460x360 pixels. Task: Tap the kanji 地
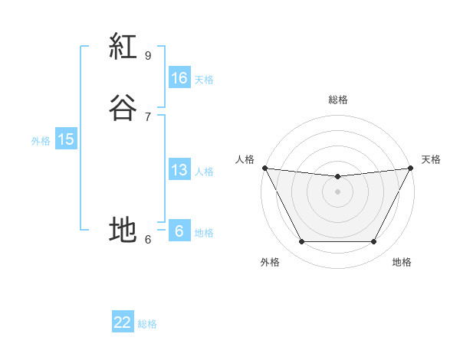(x=123, y=229)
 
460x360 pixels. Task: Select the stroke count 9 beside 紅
(x=148, y=56)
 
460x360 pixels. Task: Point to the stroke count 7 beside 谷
(x=148, y=117)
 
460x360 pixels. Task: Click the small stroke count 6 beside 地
(x=148, y=239)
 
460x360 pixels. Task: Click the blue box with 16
(x=179, y=77)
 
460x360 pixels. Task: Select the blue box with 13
(x=179, y=170)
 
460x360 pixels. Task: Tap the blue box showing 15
(x=65, y=139)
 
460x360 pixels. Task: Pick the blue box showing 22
(x=122, y=322)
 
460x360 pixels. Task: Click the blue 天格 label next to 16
(x=204, y=80)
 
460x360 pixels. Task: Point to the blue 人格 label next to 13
(x=204, y=172)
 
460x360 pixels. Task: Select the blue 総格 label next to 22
(x=147, y=324)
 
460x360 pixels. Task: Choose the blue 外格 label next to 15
(x=41, y=141)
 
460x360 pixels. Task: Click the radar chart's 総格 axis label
(x=338, y=100)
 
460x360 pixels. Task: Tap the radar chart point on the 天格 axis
(x=412, y=168)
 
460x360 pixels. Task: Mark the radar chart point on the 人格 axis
(x=264, y=168)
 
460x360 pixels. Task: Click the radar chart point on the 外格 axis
(x=301, y=242)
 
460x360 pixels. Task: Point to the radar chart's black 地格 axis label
(x=402, y=262)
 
